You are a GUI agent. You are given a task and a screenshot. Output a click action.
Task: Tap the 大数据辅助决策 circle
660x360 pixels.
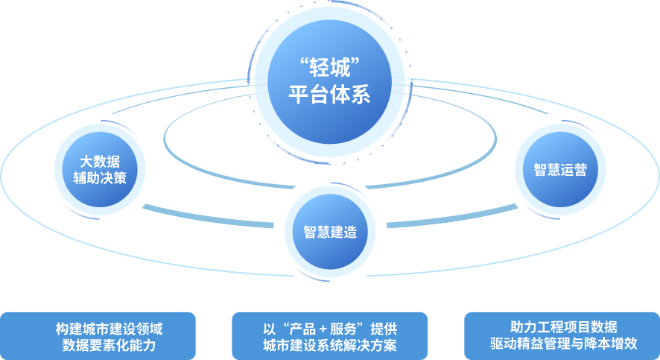[x=100, y=170]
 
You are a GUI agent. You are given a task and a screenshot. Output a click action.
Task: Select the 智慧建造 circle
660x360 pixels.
[x=330, y=232]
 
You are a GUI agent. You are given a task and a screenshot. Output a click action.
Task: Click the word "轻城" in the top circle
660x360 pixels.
[x=329, y=66]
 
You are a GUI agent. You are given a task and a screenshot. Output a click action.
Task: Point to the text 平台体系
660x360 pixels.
[x=329, y=96]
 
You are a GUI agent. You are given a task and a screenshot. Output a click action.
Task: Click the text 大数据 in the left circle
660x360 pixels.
[x=100, y=161]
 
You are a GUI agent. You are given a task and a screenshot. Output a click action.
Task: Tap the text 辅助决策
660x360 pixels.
[x=100, y=179]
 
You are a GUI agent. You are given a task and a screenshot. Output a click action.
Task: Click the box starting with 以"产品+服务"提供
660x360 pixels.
[x=330, y=335]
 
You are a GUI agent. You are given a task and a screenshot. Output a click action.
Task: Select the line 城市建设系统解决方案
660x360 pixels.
[x=330, y=344]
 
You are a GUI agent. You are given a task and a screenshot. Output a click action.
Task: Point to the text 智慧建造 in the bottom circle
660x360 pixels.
[x=330, y=232]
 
